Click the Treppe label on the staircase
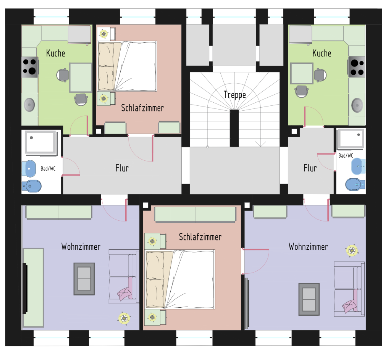(x=235, y=95)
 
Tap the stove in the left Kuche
(x=30, y=67)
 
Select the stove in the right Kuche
(x=357, y=67)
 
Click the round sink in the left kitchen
(x=29, y=105)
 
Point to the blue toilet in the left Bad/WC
(x=32, y=186)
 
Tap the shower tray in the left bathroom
(x=41, y=142)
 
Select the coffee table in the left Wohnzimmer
(x=84, y=279)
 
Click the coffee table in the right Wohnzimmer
(x=309, y=299)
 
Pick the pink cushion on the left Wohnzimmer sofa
(x=125, y=294)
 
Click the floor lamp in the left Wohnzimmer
(x=124, y=318)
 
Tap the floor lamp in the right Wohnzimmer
(x=352, y=250)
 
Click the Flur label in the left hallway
(x=122, y=168)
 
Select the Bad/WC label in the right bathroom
(x=346, y=156)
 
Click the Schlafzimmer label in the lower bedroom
(x=200, y=237)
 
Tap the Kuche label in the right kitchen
(x=322, y=53)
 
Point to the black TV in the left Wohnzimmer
(x=25, y=288)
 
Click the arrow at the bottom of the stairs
(x=260, y=144)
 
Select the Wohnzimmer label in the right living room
(x=308, y=247)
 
